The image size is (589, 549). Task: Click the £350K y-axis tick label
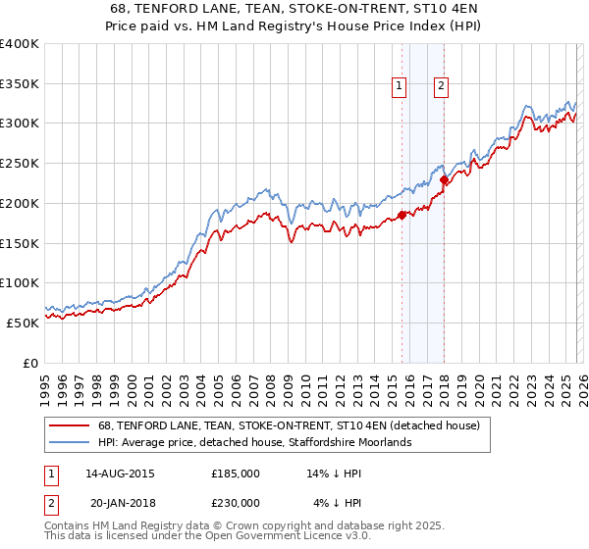pyautogui.click(x=20, y=84)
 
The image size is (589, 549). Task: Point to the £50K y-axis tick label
pyautogui.click(x=23, y=323)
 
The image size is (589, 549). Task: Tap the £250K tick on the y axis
pyautogui.click(x=20, y=164)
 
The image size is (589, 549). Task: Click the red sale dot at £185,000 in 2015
pyautogui.click(x=402, y=216)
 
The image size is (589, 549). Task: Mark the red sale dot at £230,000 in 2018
pyautogui.click(x=444, y=179)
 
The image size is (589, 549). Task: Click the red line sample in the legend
pyautogui.click(x=70, y=426)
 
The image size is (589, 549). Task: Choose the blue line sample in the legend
pyautogui.click(x=70, y=443)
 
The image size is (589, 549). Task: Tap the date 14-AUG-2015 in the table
pyautogui.click(x=120, y=474)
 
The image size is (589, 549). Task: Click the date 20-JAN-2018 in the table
pyautogui.click(x=122, y=503)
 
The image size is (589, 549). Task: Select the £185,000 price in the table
pyautogui.click(x=236, y=474)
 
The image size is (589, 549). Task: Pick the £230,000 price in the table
pyautogui.click(x=236, y=503)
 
